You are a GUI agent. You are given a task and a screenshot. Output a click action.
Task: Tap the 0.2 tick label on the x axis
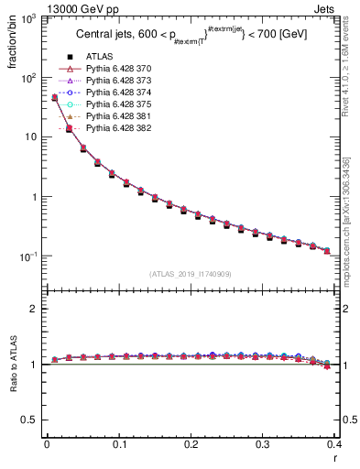point(191,444)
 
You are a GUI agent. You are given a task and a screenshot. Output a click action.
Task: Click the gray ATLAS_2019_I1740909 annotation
point(191,275)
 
